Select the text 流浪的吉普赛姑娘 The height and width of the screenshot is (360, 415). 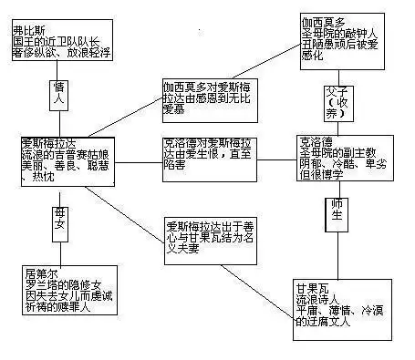pyautogui.click(x=64, y=154)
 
